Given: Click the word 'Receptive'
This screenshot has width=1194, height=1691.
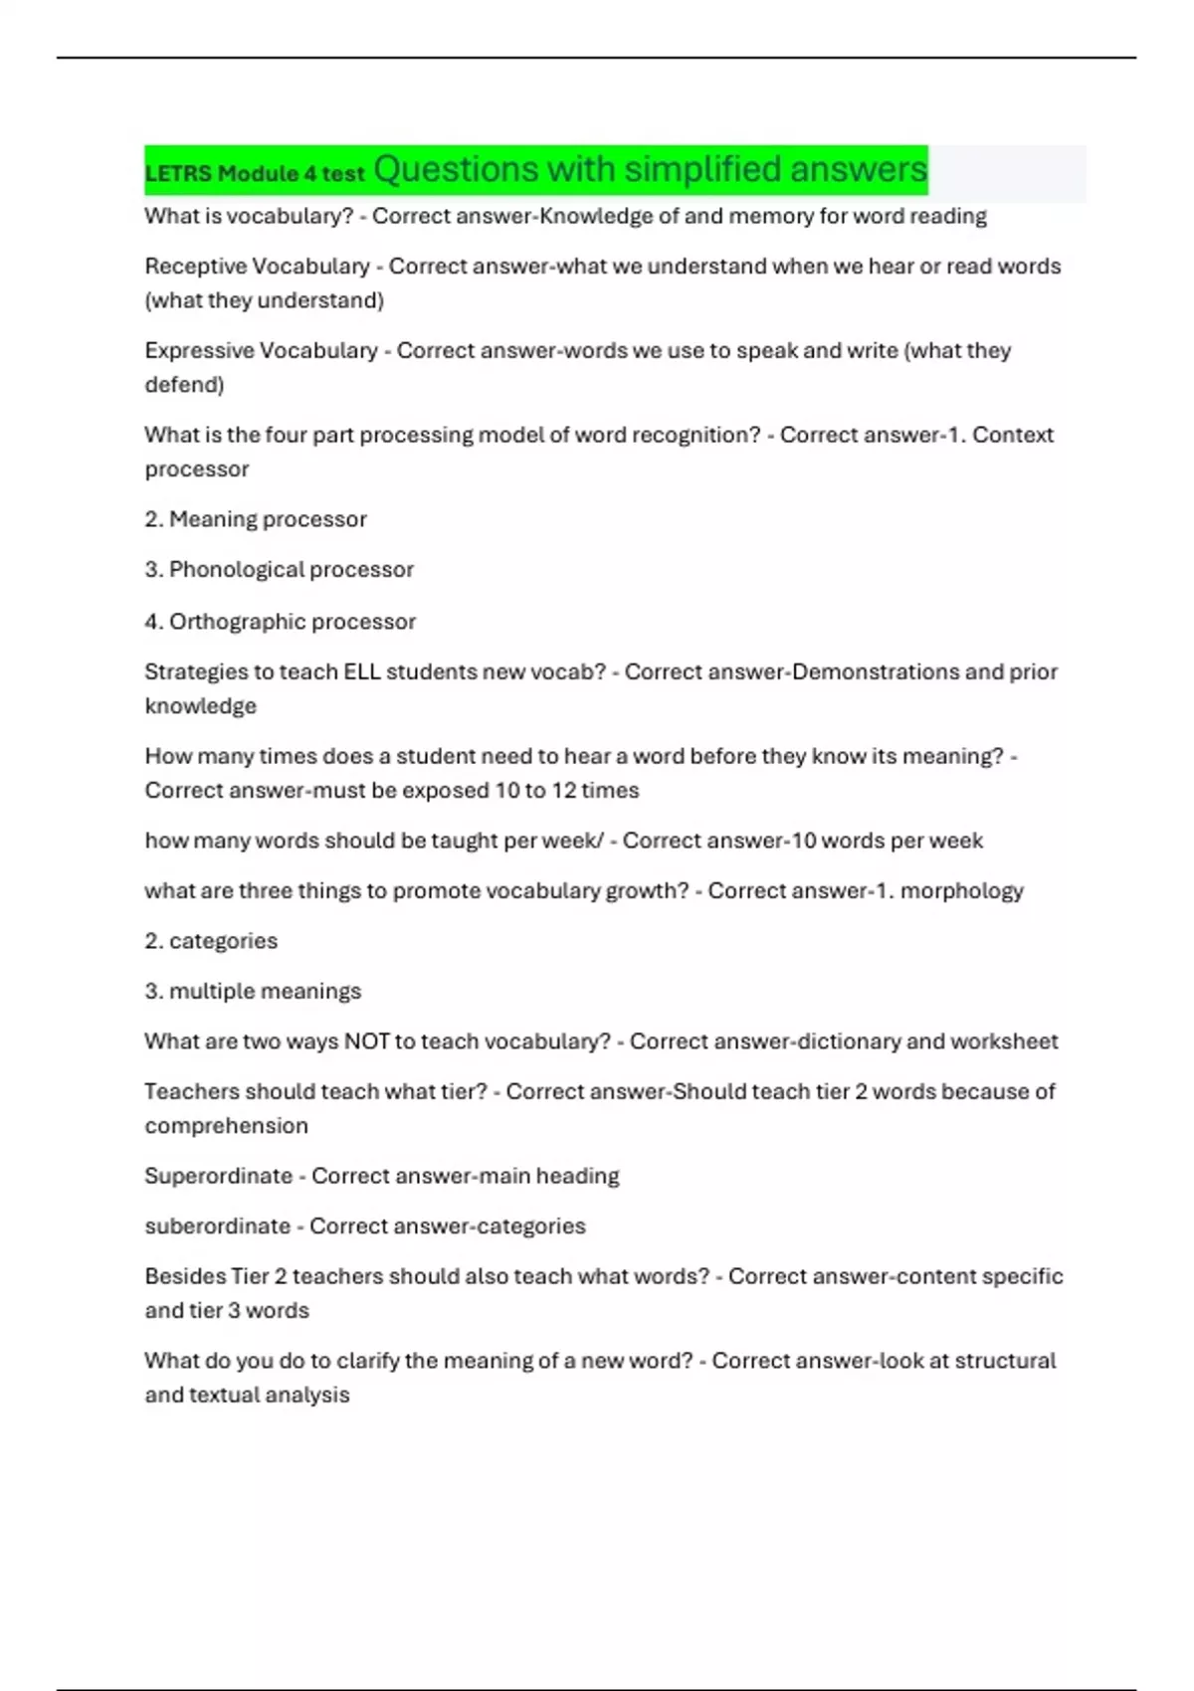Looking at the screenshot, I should pyautogui.click(x=194, y=267).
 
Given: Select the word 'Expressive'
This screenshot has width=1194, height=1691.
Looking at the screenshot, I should pyautogui.click(x=198, y=351).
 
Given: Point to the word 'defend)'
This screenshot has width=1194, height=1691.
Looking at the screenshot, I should pyautogui.click(x=184, y=385).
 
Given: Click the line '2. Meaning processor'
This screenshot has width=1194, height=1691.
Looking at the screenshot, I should pyautogui.click(x=256, y=519).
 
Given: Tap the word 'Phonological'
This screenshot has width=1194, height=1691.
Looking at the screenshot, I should pyautogui.click(x=239, y=570).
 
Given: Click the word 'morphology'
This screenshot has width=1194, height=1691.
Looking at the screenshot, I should pyautogui.click(x=961, y=891).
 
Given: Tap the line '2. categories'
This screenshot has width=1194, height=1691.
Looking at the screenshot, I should pyautogui.click(x=211, y=941).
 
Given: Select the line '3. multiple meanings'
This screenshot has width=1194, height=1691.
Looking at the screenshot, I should pyautogui.click(x=253, y=992).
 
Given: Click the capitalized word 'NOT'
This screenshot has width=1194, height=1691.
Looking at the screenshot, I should pyautogui.click(x=366, y=1041).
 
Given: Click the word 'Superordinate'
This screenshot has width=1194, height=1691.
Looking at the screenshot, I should pyautogui.click(x=218, y=1176).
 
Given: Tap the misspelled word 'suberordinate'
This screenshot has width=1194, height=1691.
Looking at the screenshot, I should pyautogui.click(x=217, y=1226).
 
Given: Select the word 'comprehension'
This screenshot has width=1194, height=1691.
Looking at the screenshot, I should pyautogui.click(x=226, y=1126).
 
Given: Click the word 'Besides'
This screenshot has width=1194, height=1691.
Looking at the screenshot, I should pyautogui.click(x=184, y=1276).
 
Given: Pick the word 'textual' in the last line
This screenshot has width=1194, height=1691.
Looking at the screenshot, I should pyautogui.click(x=227, y=1395).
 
